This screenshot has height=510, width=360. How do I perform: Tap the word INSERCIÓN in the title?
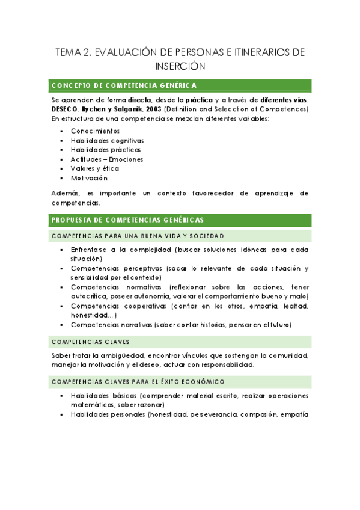pyautogui.click(x=180, y=66)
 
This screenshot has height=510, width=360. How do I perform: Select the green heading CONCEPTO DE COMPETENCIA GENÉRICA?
pyautogui.click(x=124, y=85)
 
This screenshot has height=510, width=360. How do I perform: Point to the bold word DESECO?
pyautogui.click(x=65, y=109)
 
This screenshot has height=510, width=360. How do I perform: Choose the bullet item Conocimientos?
pyautogui.click(x=95, y=131)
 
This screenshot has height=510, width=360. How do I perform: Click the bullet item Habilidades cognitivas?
pyautogui.click(x=107, y=140)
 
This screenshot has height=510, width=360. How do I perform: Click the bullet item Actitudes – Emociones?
pyautogui.click(x=107, y=159)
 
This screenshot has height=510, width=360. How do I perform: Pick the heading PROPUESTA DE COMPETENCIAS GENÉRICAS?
pyautogui.click(x=128, y=220)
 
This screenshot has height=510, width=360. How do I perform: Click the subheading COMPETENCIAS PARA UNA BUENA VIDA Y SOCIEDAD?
pyautogui.click(x=138, y=235)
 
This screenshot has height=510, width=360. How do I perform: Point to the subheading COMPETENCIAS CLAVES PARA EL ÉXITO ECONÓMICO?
pyautogui.click(x=138, y=381)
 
